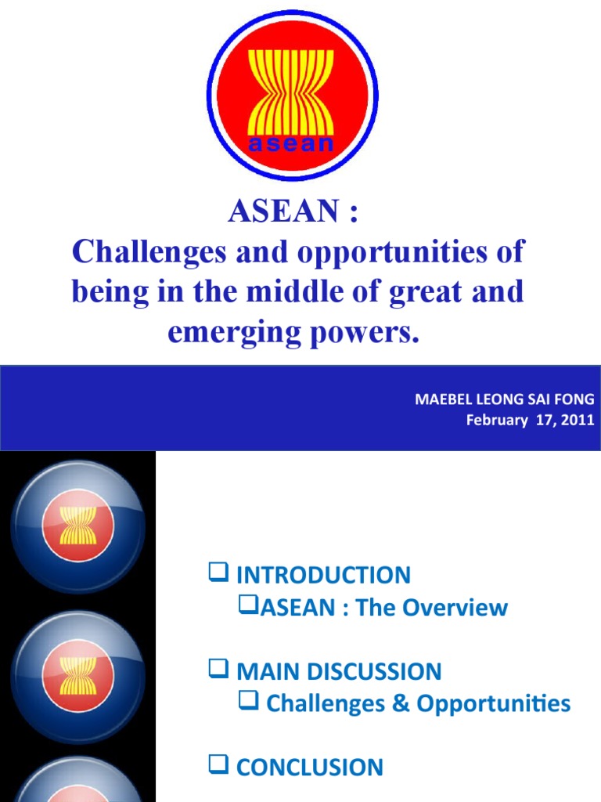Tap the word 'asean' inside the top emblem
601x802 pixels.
[291, 144]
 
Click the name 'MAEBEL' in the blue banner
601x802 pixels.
[441, 399]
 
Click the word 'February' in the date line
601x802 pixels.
[497, 420]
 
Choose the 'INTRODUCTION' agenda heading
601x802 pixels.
[323, 575]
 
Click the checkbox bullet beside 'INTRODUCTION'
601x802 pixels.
[218, 574]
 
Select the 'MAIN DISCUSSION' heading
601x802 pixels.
[339, 671]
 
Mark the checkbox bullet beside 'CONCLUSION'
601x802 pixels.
[218, 766]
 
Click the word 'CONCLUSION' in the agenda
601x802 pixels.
[310, 768]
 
